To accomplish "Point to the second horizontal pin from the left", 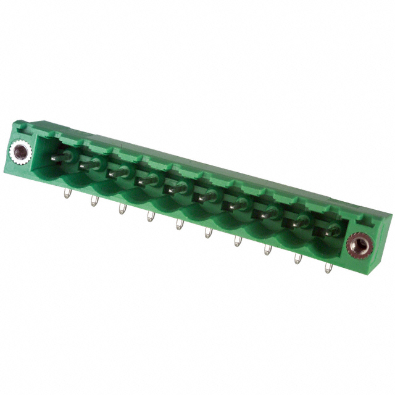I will coord(89,165).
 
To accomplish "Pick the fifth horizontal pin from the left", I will coord(175,188).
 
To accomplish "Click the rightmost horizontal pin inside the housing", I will coord(325,231).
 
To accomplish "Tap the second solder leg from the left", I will coord(94,201).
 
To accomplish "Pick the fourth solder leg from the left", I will coord(149,217).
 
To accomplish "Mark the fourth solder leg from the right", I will coord(238,241).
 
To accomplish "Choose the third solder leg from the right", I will coord(267,249).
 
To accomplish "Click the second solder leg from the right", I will coord(297,258).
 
